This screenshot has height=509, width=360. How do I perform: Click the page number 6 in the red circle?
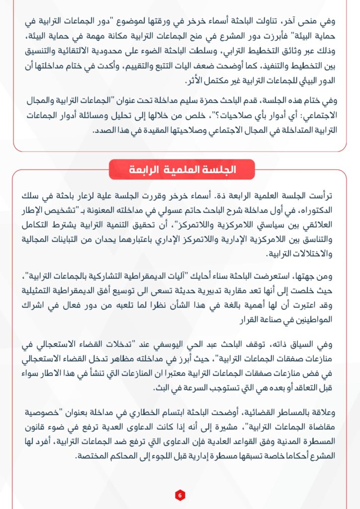tap(180, 495)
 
